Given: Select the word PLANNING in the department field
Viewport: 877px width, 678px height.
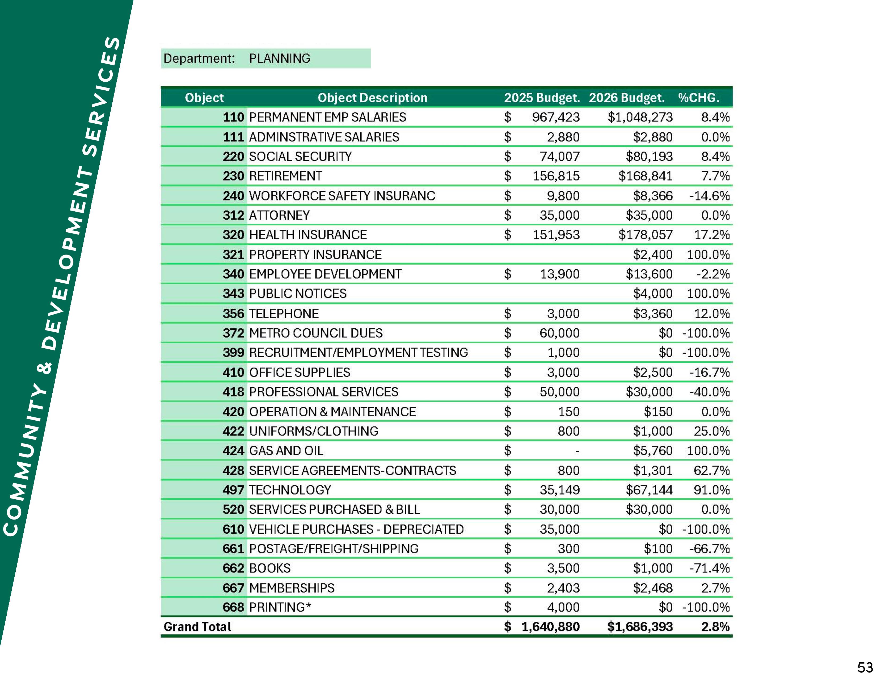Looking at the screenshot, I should (280, 59).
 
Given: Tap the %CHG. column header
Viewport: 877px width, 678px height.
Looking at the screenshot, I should (698, 98).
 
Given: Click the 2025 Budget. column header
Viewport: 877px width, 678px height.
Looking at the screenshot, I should (542, 98).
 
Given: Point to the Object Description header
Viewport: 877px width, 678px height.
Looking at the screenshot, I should (372, 98).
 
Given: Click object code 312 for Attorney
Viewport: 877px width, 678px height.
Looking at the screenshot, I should (233, 215).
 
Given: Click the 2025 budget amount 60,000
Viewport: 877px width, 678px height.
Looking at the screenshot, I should (559, 333).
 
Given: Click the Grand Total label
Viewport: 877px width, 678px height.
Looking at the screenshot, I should (197, 627).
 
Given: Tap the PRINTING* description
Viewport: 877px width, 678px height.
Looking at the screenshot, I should (280, 607).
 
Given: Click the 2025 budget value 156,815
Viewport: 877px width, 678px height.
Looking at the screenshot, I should (556, 176).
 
